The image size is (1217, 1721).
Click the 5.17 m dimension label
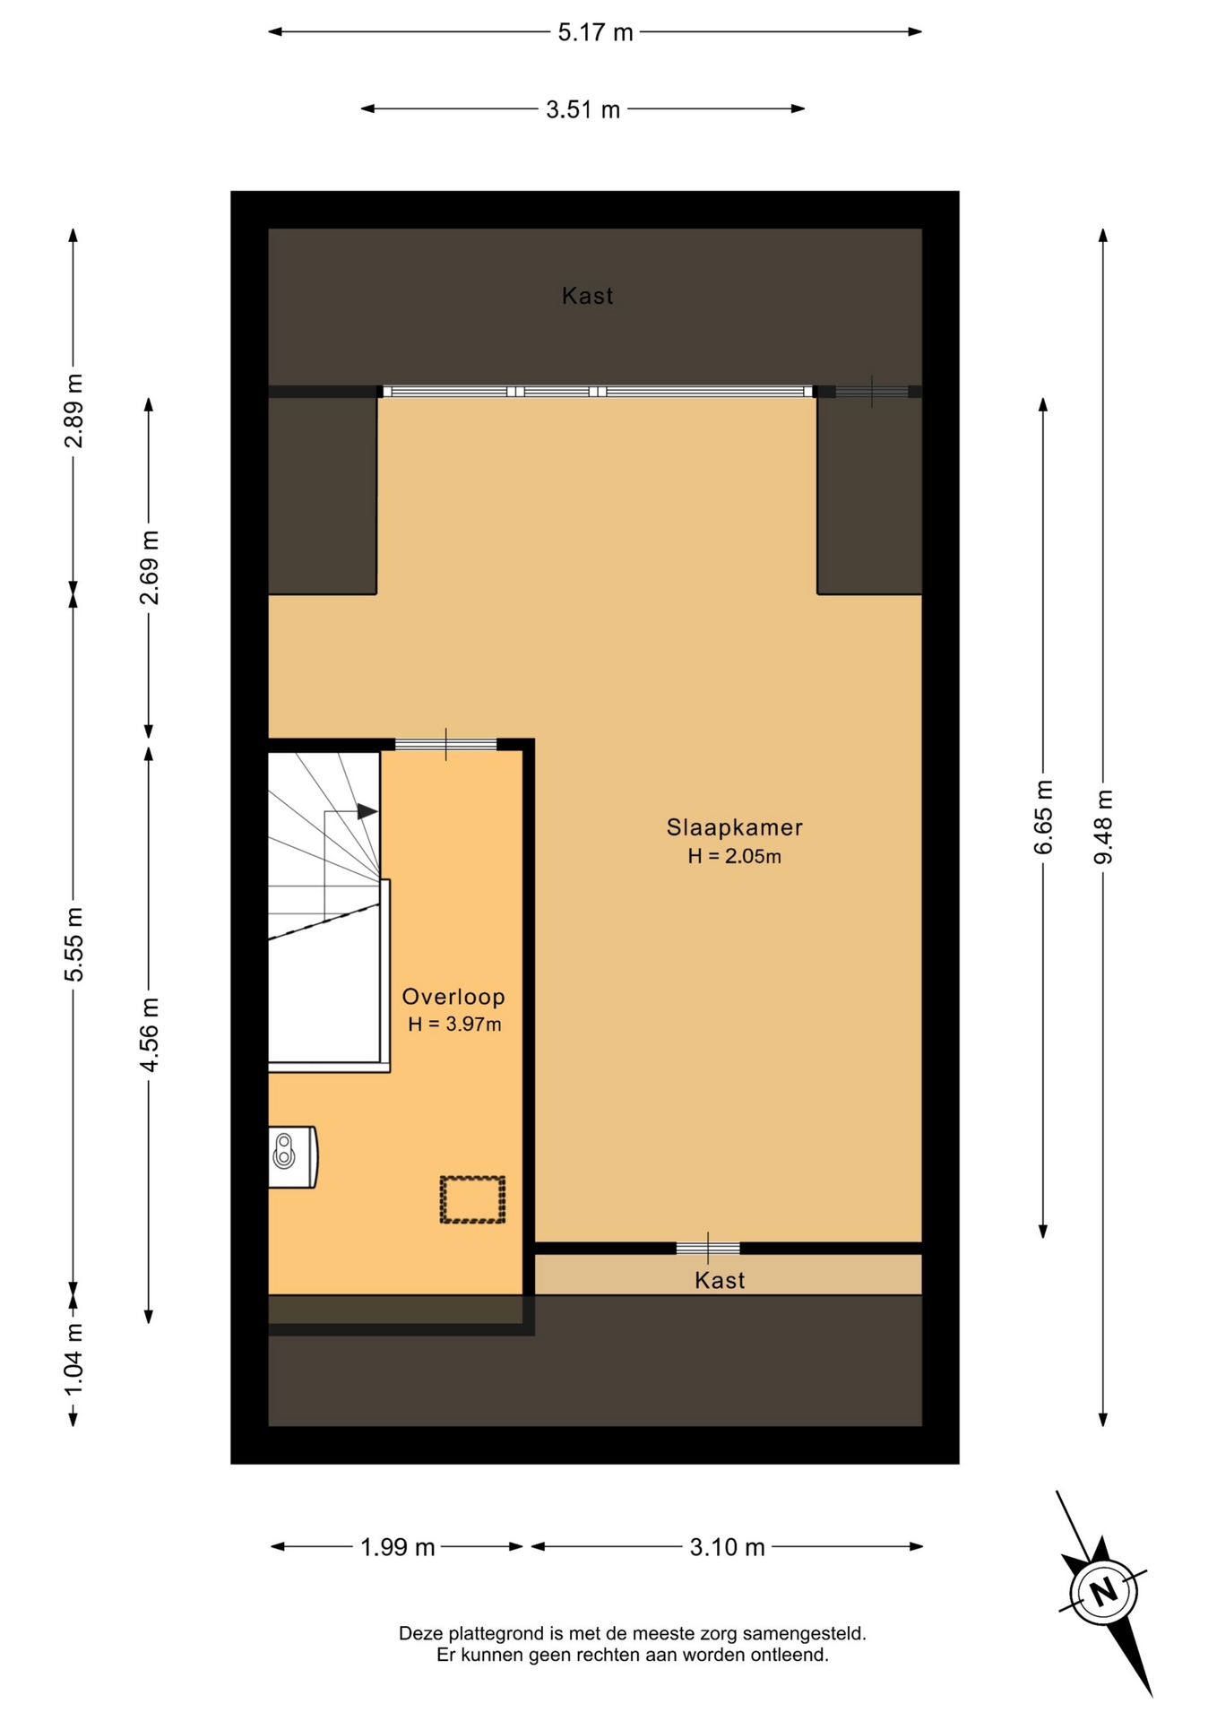click(595, 33)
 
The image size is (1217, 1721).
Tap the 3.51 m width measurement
click(583, 110)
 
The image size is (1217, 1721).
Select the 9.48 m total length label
click(1103, 826)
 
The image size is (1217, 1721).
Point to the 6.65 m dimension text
click(1043, 817)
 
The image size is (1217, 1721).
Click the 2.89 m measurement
click(73, 411)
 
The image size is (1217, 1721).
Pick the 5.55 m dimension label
click(73, 944)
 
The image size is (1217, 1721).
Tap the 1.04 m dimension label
click(73, 1359)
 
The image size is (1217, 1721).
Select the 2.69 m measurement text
click(149, 567)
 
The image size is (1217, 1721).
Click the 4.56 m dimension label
click(149, 1034)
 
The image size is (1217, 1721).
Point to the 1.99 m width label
click(397, 1548)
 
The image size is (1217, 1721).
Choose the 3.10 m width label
click(727, 1548)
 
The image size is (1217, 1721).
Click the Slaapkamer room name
click(734, 827)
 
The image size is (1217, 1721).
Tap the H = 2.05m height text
click(734, 857)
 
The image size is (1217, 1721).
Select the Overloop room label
click(453, 997)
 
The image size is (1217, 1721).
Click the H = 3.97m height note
click(454, 1025)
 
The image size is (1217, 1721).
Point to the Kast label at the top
click(588, 296)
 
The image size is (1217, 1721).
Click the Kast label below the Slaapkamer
click(720, 1281)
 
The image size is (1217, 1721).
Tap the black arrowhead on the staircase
click(367, 811)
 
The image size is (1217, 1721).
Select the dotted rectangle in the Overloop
click(472, 1199)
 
